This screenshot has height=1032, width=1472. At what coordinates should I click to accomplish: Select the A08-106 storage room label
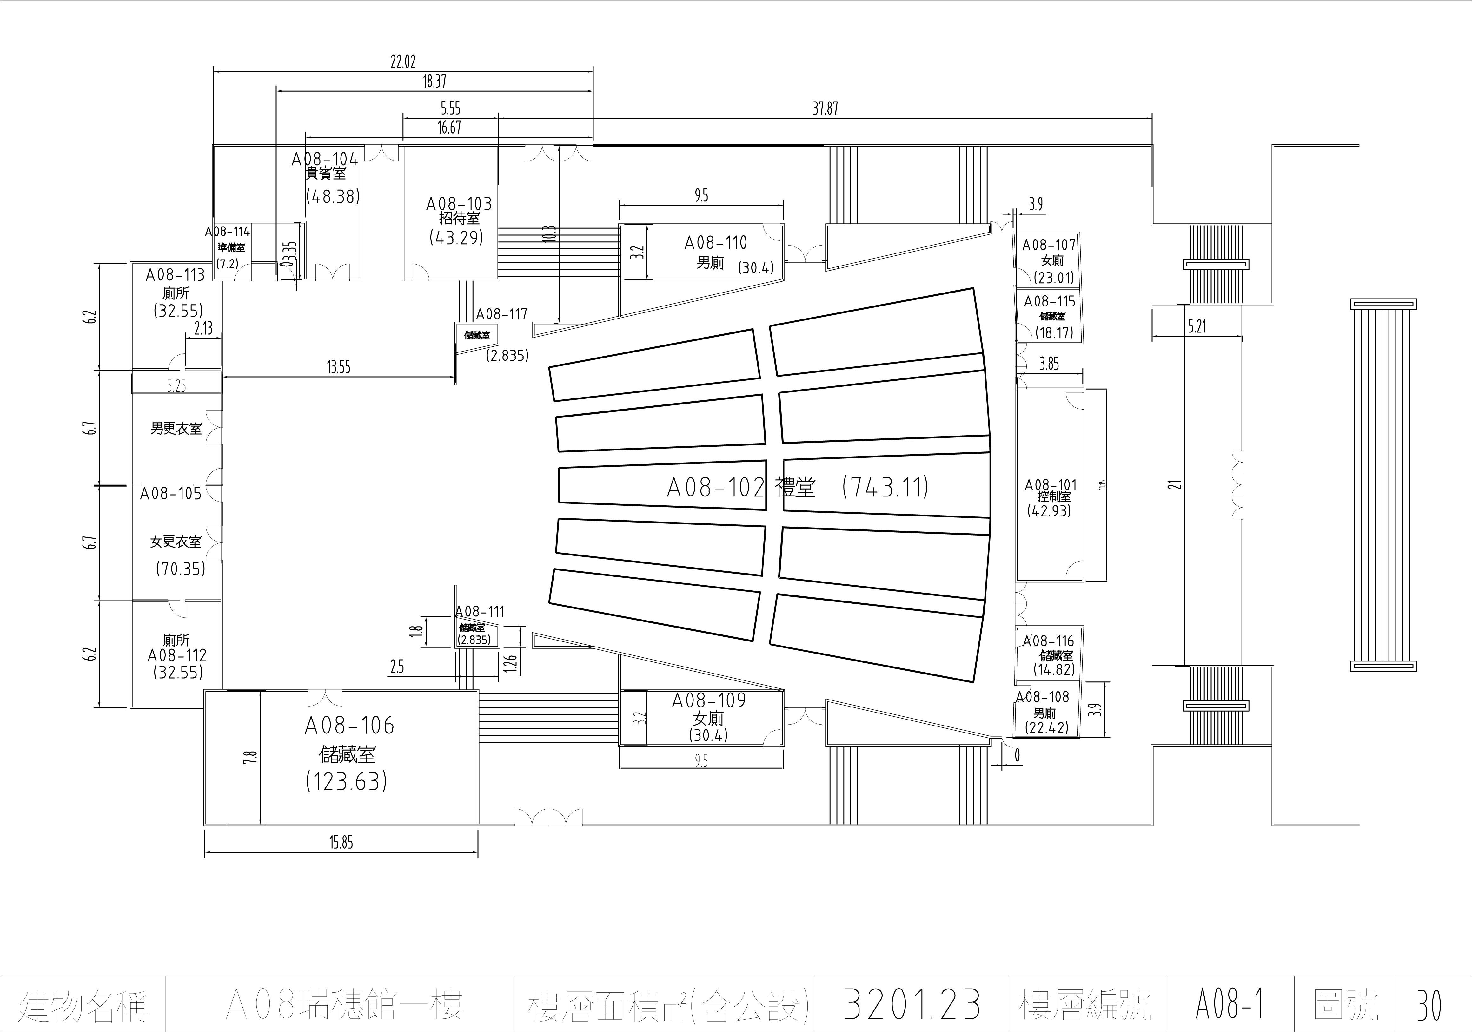349,726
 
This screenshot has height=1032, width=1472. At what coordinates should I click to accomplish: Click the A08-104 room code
324,159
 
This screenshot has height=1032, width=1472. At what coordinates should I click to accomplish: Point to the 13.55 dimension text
339,367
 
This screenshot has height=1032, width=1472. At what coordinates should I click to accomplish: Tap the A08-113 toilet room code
175,275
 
